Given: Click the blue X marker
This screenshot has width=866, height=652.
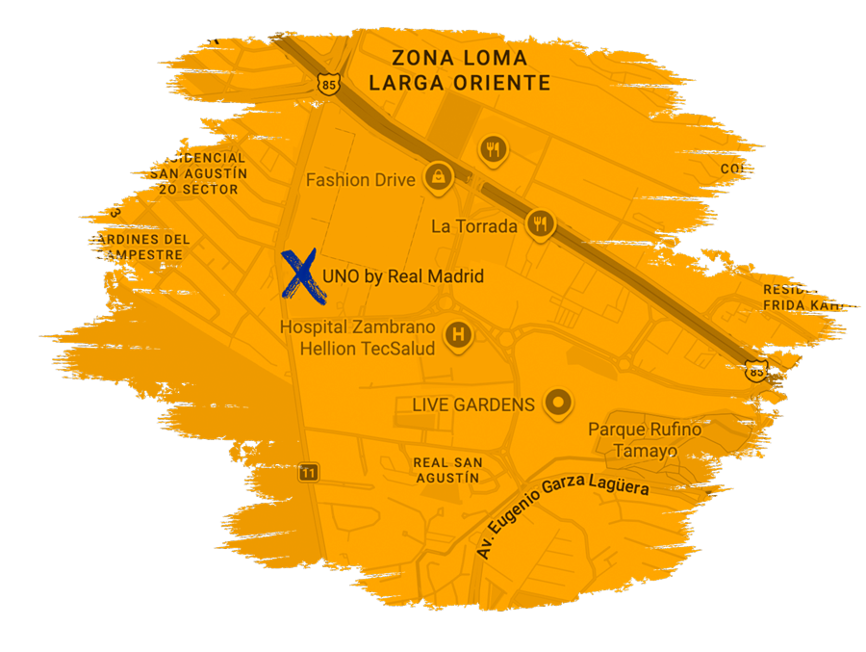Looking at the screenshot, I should point(299,274).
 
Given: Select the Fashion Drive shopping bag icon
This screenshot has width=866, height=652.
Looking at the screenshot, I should point(439,176).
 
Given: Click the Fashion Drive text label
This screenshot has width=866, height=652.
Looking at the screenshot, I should point(360,180).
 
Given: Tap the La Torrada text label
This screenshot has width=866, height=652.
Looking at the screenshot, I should point(474,227).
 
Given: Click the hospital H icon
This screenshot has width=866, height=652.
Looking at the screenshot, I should point(459,335).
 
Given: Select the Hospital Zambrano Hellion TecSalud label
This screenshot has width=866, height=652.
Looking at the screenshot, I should point(357,338).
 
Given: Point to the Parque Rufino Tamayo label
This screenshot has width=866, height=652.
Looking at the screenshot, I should point(645,440).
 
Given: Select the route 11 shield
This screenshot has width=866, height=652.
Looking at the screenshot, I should point(308,472).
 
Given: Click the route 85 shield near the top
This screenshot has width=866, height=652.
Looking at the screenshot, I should point(330,85).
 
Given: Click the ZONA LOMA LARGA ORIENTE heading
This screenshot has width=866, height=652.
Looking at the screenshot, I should point(460,71).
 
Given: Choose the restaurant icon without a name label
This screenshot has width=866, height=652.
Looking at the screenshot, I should point(493,148).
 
